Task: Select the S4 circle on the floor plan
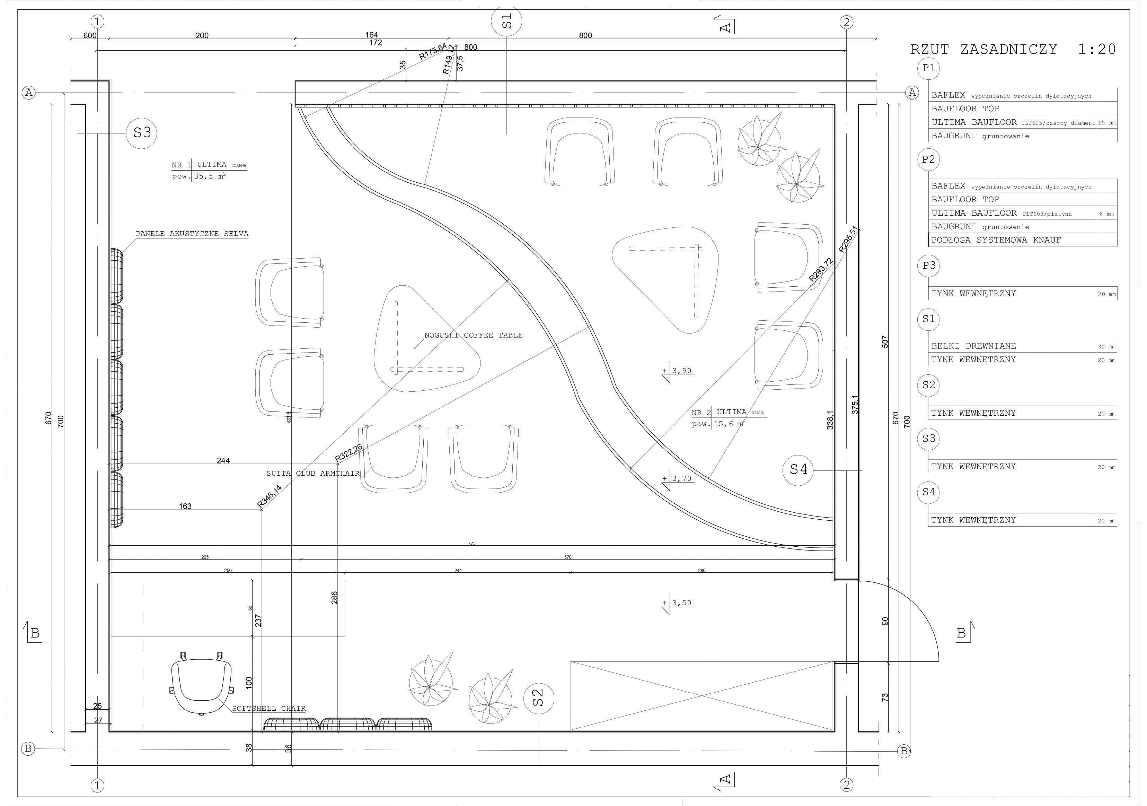[x=798, y=469]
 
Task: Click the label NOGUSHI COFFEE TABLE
[x=473, y=336]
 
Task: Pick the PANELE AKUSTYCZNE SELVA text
[x=192, y=234]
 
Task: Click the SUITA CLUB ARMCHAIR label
[x=313, y=474]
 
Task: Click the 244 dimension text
[x=223, y=460]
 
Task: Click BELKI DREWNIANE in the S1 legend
[x=973, y=346]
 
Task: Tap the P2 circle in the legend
[x=928, y=159]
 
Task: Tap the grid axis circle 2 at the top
[x=846, y=22]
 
